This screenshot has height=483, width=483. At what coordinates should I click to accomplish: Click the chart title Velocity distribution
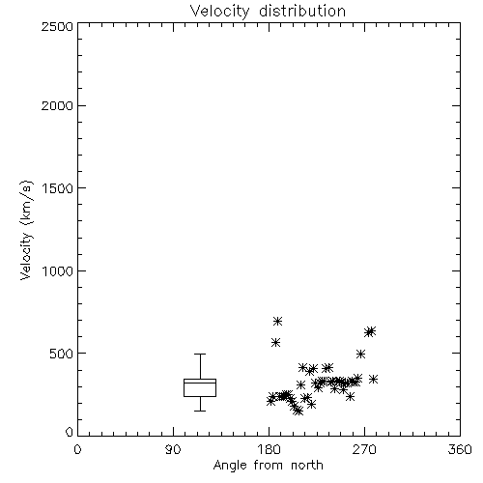tap(268, 11)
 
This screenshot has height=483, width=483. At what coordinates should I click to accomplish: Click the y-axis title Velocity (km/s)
tap(26, 230)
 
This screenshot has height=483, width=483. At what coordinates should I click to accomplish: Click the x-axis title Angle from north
tap(268, 465)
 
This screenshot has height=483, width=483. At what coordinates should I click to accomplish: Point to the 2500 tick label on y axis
tap(57, 26)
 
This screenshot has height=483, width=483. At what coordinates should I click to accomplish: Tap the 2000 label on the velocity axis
tap(57, 105)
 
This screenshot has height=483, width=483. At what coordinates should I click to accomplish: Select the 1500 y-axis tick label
tap(58, 188)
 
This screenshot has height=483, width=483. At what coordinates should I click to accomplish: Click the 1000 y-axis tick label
tap(58, 270)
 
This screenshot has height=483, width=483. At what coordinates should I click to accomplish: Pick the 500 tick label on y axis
tap(61, 354)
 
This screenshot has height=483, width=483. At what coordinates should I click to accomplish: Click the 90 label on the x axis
tap(173, 449)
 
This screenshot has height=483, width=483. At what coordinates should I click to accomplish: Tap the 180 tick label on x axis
tap(269, 449)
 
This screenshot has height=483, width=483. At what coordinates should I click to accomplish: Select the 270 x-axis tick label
tap(364, 449)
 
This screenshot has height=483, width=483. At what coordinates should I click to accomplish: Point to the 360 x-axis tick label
tap(460, 449)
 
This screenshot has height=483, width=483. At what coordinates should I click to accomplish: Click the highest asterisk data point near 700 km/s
tap(277, 321)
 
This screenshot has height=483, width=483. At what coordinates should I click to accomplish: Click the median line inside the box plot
tap(200, 383)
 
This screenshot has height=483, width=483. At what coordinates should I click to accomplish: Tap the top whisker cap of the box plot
tap(200, 354)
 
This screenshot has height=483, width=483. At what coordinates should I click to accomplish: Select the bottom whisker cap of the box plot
tap(200, 411)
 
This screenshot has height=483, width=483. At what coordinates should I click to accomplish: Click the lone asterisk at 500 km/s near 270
tap(360, 355)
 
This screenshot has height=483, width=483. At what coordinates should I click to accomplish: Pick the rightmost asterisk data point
tap(373, 380)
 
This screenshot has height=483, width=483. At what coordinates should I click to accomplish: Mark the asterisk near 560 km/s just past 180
tap(275, 342)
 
